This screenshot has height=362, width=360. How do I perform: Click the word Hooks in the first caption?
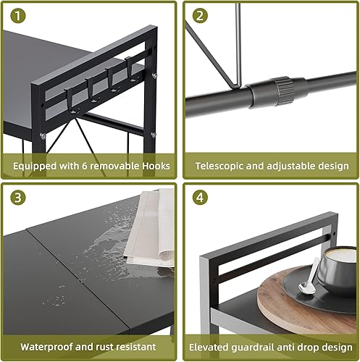(x=156, y=166)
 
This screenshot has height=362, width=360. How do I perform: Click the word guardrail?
(x=261, y=346)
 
